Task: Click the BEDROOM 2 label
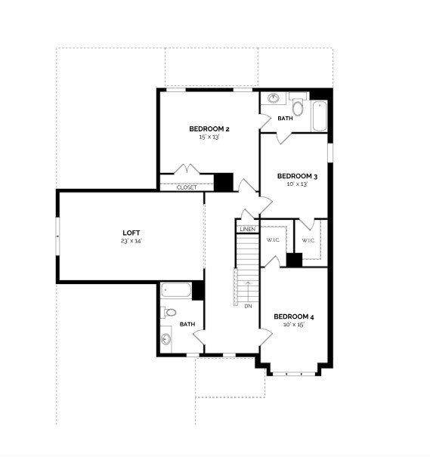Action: tap(209, 129)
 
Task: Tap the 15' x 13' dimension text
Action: tap(209, 137)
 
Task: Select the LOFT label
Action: tap(131, 233)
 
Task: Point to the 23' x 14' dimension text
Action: tap(131, 241)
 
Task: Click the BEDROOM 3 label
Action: tap(297, 177)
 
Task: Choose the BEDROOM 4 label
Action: tap(293, 317)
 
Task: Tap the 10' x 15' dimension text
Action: tap(293, 325)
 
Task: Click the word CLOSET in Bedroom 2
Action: tap(187, 187)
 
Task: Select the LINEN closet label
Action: tap(247, 229)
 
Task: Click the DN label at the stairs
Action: tap(248, 306)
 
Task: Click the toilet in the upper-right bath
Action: tap(298, 107)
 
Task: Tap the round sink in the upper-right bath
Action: tap(273, 98)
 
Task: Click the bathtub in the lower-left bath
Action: tap(176, 291)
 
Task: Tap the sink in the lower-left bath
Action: tap(166, 338)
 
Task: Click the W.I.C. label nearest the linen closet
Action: tap(273, 241)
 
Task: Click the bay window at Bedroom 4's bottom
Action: tap(294, 372)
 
